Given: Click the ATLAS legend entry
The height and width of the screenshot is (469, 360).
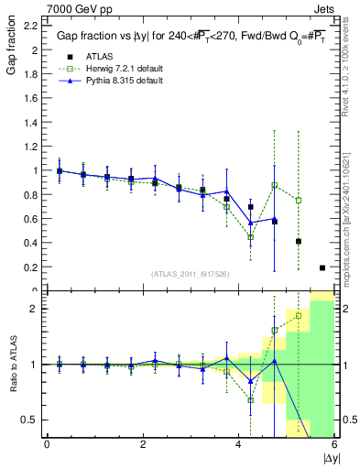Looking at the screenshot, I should (x=96, y=55).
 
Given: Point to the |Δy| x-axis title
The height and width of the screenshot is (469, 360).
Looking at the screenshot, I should (x=331, y=457).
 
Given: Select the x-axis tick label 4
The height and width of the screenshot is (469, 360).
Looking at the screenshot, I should (x=238, y=444).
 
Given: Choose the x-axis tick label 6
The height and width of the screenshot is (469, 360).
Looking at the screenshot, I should (x=333, y=444).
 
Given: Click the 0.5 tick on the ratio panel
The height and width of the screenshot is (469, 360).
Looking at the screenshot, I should (x=28, y=420).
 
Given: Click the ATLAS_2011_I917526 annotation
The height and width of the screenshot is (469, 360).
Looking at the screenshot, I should (x=190, y=274).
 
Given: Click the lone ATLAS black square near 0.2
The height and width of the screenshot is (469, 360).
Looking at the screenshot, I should (x=322, y=267).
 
